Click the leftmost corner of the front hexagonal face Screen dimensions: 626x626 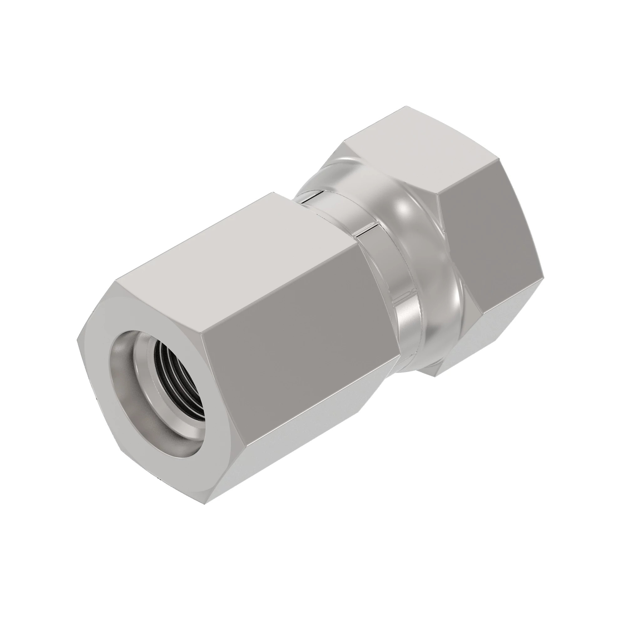77,340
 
